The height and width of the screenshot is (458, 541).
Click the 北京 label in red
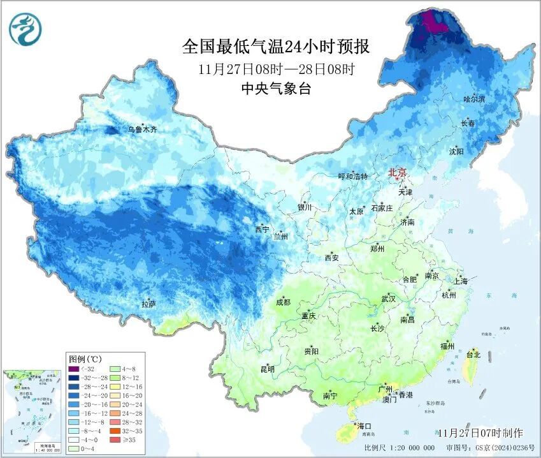point(398,172)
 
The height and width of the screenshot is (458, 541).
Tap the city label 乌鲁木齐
point(142,129)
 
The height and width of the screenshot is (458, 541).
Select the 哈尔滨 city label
point(474,100)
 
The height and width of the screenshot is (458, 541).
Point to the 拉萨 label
point(148,304)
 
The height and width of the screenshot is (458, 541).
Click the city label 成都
point(284,302)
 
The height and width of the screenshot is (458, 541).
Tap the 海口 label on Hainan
point(364,425)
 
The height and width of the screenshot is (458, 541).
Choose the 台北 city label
point(473,354)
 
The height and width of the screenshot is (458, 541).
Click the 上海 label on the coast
point(459,281)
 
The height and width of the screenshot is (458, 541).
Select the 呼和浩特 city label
point(352,177)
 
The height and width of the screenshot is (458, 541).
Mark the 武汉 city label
point(388,299)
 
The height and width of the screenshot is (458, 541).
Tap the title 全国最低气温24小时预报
point(276,47)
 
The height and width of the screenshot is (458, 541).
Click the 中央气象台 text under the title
point(276,89)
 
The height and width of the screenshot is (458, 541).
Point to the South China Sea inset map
point(32,410)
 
